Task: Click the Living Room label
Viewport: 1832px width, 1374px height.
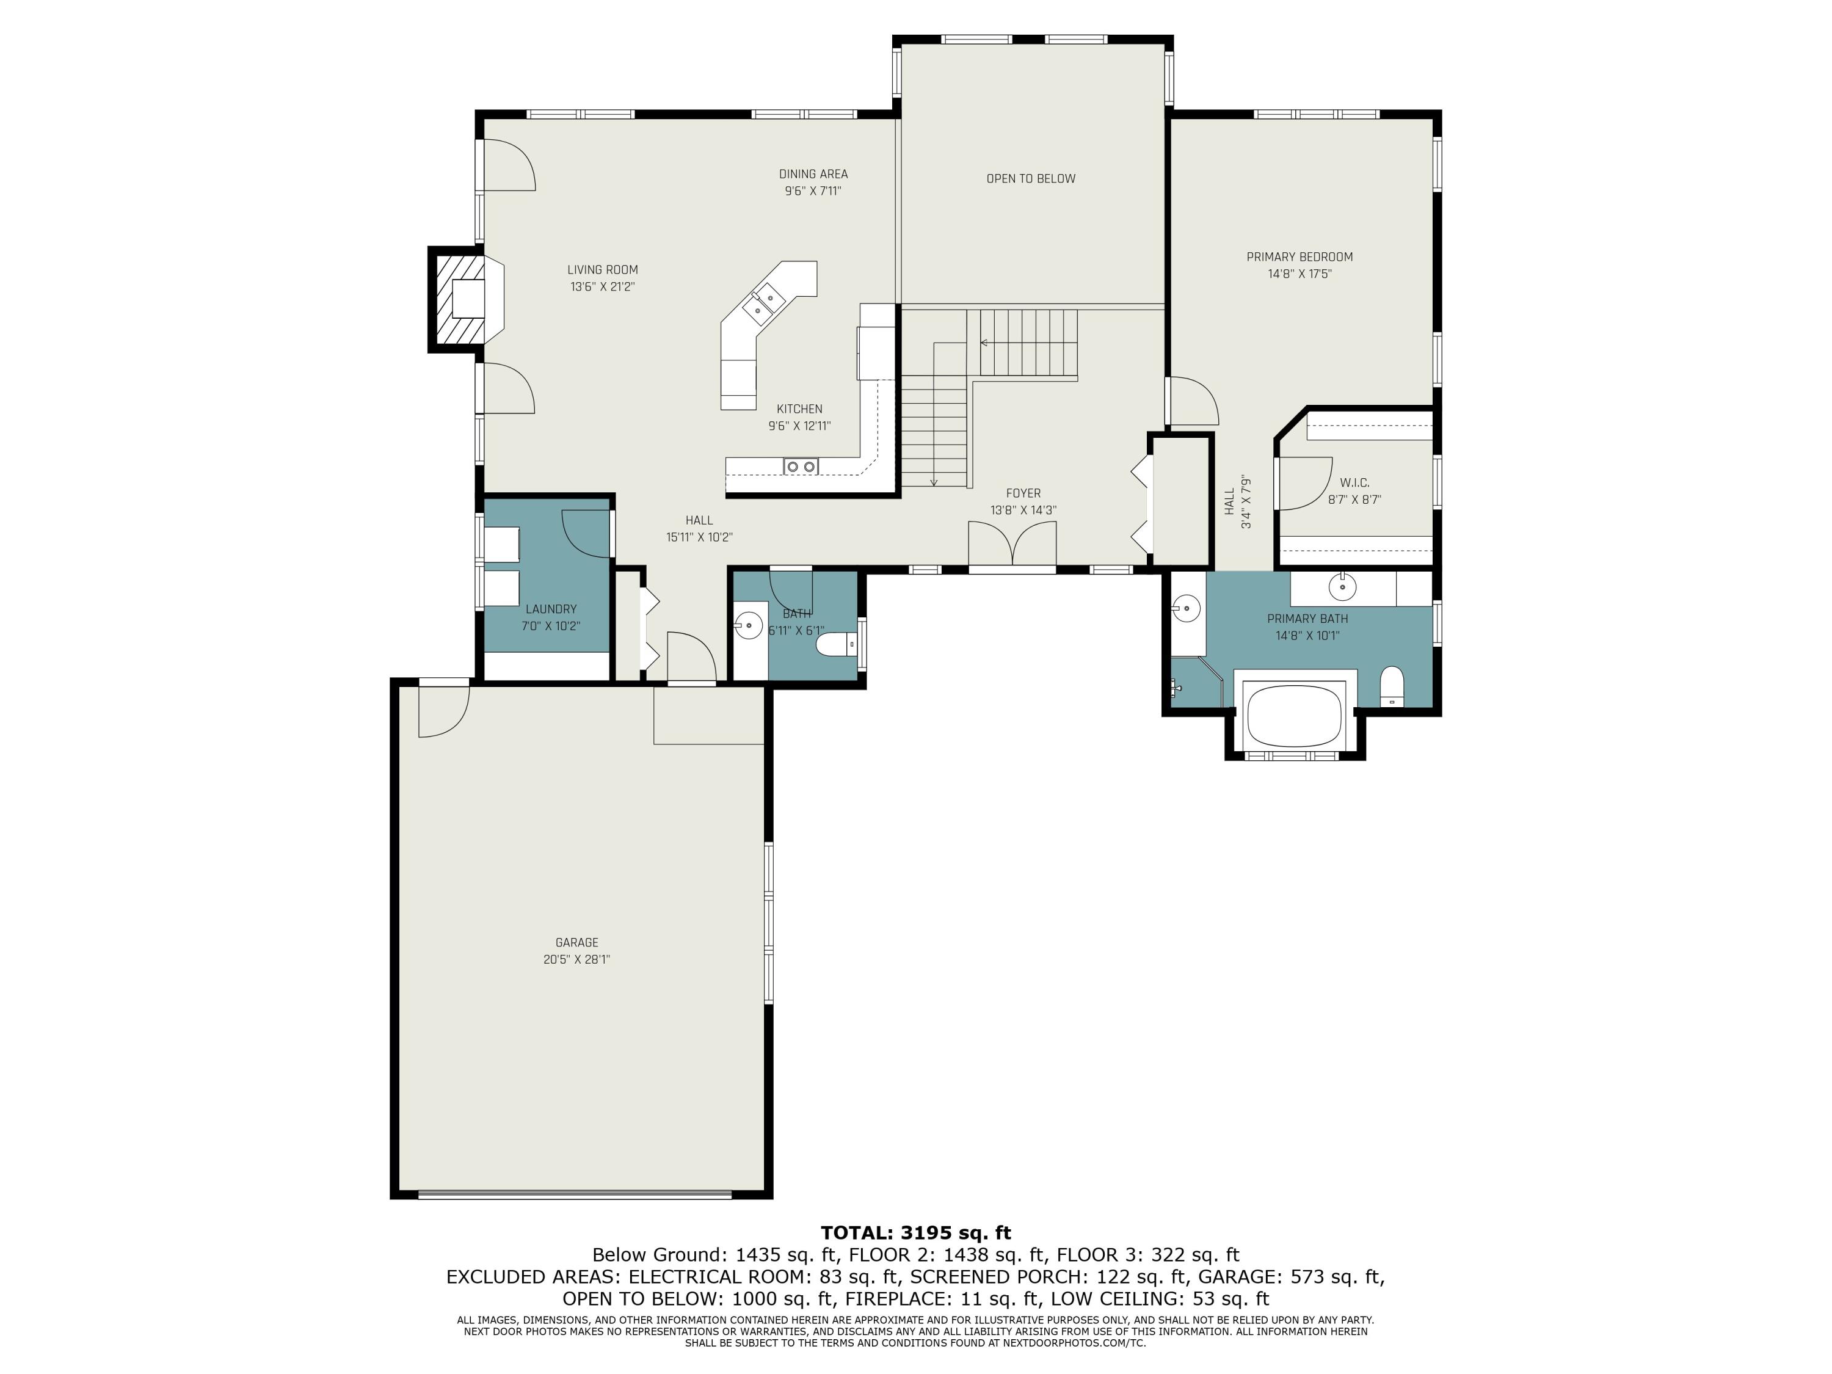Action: pyautogui.click(x=602, y=270)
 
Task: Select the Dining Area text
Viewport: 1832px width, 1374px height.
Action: pyautogui.click(x=813, y=174)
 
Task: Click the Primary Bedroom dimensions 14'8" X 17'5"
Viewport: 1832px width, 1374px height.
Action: pyautogui.click(x=1299, y=274)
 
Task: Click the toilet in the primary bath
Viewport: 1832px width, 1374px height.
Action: pyautogui.click(x=1392, y=686)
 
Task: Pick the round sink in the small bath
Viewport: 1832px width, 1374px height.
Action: pyautogui.click(x=748, y=625)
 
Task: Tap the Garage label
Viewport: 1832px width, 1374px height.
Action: pyautogui.click(x=576, y=942)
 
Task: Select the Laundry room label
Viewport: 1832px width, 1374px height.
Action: pyautogui.click(x=550, y=609)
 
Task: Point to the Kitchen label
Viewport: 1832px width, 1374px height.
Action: pyautogui.click(x=799, y=409)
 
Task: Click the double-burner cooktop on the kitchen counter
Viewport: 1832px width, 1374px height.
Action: pyautogui.click(x=800, y=467)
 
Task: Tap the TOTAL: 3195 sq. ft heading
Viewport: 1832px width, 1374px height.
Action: pyautogui.click(x=916, y=1233)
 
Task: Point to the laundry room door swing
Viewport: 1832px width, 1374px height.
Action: pyautogui.click(x=586, y=534)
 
